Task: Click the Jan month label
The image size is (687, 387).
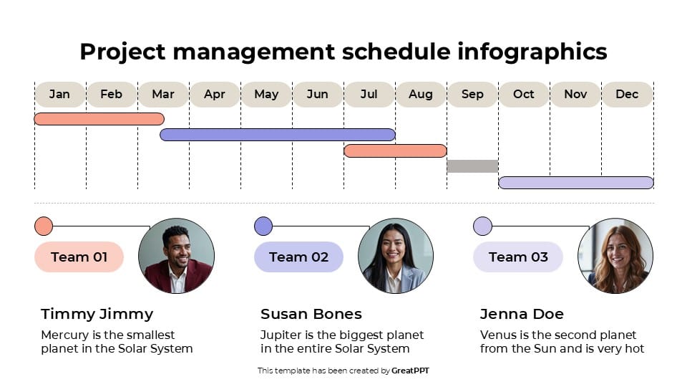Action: [x=59, y=95]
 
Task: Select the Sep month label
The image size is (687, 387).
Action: [x=472, y=95]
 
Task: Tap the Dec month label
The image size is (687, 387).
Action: [x=627, y=95]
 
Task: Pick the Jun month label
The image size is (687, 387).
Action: [x=317, y=95]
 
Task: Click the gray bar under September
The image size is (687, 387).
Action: [x=472, y=166]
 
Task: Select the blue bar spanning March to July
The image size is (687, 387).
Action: [x=278, y=135]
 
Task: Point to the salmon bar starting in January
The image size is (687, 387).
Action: [x=99, y=119]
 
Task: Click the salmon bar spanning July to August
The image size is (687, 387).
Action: [x=395, y=150]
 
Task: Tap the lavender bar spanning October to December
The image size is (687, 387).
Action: [x=575, y=183]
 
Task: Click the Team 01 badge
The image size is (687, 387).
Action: [x=79, y=257]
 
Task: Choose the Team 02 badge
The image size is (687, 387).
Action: [x=298, y=257]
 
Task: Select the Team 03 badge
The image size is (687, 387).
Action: [x=518, y=257]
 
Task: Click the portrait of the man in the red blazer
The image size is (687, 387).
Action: [x=176, y=256]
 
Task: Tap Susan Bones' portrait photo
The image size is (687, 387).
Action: [x=396, y=256]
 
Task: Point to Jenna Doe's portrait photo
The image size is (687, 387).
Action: [x=615, y=256]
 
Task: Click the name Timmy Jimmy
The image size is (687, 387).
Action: [x=97, y=314]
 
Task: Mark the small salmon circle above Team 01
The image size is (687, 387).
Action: [x=44, y=226]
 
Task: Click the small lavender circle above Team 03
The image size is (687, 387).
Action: [x=483, y=226]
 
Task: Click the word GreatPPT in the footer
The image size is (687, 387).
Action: [x=410, y=371]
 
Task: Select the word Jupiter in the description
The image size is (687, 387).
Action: [x=281, y=335]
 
